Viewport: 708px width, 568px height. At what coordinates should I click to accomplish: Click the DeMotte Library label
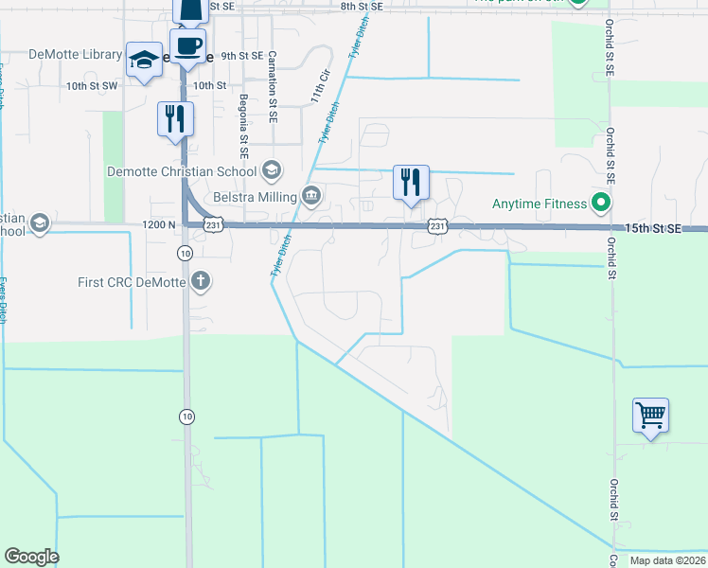pyautogui.click(x=75, y=55)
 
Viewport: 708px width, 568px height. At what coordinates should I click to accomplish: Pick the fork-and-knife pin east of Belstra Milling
pyautogui.click(x=411, y=182)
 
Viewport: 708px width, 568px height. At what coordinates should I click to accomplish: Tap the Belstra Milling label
pyautogui.click(x=254, y=196)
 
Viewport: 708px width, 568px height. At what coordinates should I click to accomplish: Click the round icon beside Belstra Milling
pyautogui.click(x=311, y=196)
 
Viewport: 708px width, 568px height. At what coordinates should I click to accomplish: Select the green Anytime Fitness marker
pyautogui.click(x=599, y=203)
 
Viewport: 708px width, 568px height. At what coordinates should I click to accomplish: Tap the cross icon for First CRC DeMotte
pyautogui.click(x=200, y=280)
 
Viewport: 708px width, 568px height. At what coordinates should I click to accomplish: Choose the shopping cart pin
pyautogui.click(x=650, y=415)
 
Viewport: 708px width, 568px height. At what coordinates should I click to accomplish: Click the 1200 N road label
pyautogui.click(x=158, y=225)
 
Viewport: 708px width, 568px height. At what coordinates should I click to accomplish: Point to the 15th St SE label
pyautogui.click(x=652, y=229)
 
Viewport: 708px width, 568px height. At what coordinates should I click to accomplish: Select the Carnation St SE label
pyautogui.click(x=272, y=88)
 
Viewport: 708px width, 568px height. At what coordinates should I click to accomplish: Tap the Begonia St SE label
pyautogui.click(x=243, y=124)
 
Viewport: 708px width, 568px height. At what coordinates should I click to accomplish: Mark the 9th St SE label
pyautogui.click(x=241, y=56)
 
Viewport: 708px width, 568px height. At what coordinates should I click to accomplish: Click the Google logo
pyautogui.click(x=31, y=557)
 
